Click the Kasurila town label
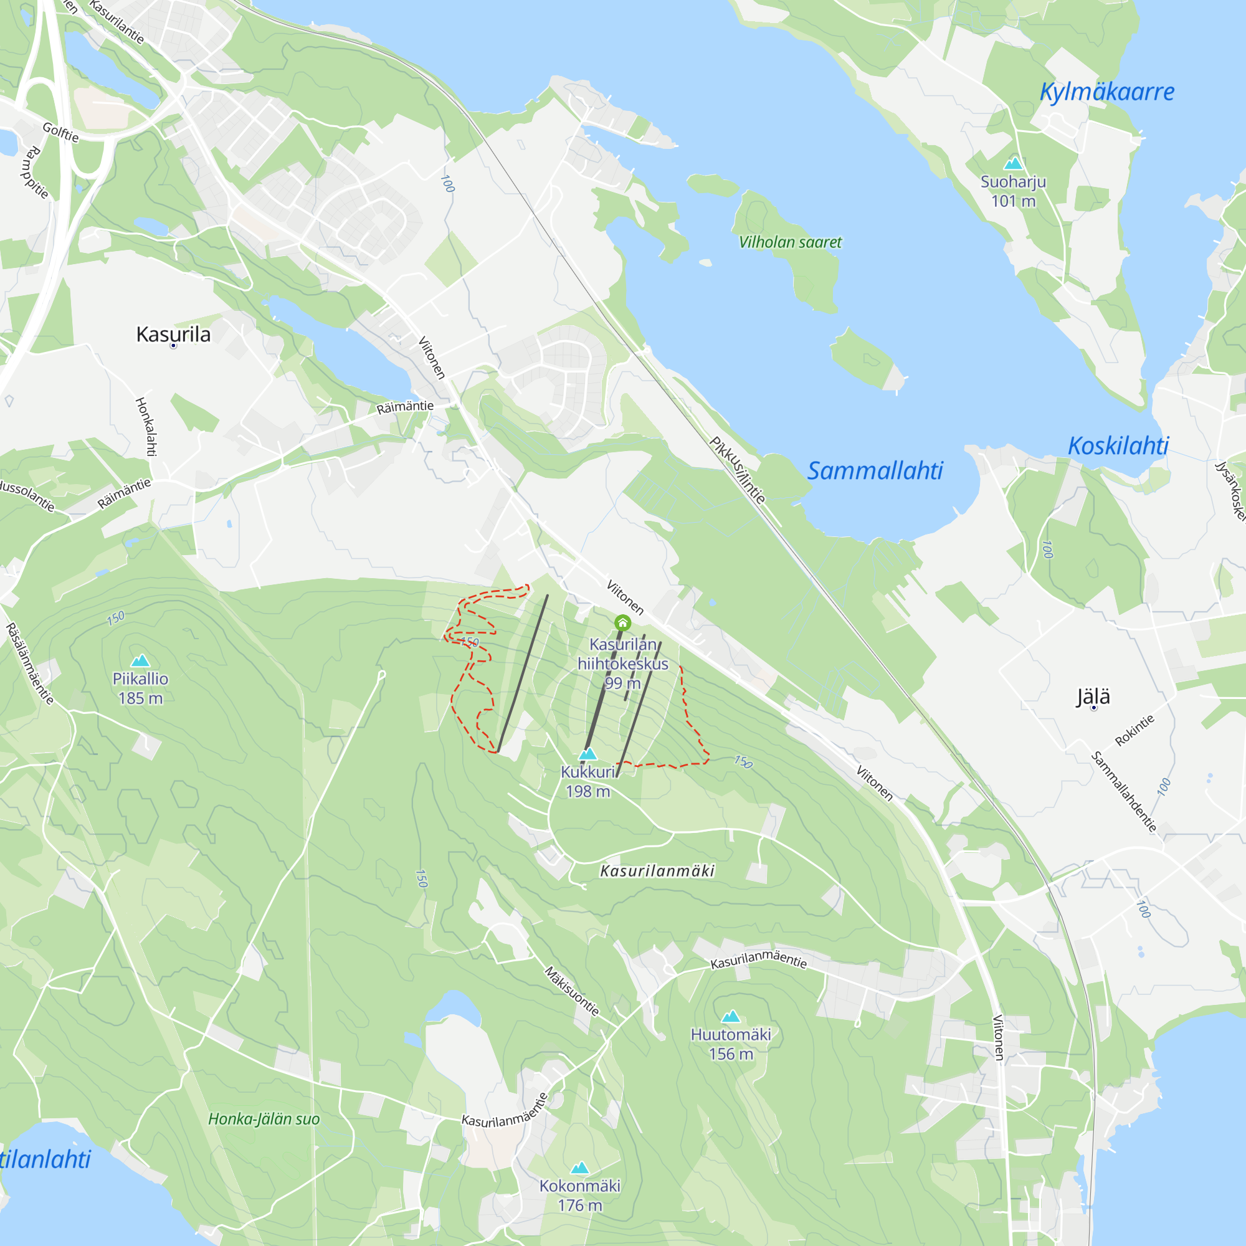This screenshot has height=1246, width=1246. (x=173, y=334)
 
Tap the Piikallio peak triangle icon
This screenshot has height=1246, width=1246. (x=140, y=660)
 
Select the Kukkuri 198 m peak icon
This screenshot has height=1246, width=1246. (x=587, y=754)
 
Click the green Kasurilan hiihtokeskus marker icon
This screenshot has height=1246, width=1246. (x=622, y=622)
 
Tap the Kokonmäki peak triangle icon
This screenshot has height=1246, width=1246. (x=580, y=1168)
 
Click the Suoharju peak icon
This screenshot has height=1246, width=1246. (x=1013, y=163)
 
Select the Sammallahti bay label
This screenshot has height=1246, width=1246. (x=875, y=471)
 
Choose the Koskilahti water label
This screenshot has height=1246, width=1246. (x=1118, y=445)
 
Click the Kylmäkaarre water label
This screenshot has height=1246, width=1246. (x=1106, y=92)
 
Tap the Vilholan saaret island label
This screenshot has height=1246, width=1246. (x=790, y=242)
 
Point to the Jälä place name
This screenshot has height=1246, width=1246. (x=1093, y=697)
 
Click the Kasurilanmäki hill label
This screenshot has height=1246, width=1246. (x=657, y=872)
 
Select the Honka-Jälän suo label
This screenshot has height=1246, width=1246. (x=264, y=1119)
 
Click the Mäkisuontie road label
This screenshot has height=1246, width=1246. (x=571, y=991)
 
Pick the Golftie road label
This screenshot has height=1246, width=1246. (x=60, y=132)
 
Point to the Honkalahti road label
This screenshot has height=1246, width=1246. (x=146, y=426)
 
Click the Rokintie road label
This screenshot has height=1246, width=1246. (x=1134, y=731)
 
